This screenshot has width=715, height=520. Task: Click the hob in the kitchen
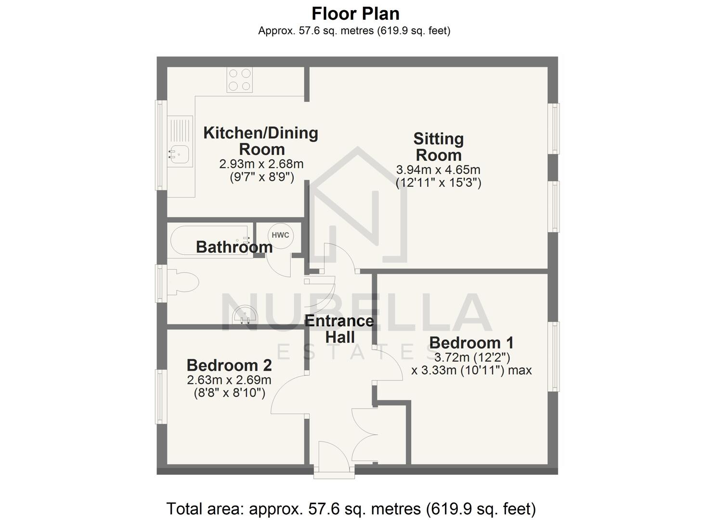click(x=240, y=80)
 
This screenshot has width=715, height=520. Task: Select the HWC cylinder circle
click(x=280, y=235)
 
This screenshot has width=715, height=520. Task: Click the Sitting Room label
click(x=438, y=147)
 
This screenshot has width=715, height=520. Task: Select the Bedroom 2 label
click(x=229, y=365)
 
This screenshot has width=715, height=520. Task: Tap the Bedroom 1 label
click(x=471, y=343)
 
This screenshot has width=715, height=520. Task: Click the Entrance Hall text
click(x=339, y=329)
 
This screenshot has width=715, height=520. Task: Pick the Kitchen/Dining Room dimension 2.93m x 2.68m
click(x=261, y=164)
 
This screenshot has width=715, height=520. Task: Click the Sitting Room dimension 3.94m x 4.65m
click(x=438, y=170)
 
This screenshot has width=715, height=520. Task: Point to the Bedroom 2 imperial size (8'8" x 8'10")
click(x=229, y=393)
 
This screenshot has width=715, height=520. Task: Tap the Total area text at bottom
click(x=351, y=508)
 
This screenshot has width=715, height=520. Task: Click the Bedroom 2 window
click(x=161, y=396)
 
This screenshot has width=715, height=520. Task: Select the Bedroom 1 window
click(x=554, y=356)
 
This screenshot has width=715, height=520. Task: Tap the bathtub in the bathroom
click(x=209, y=240)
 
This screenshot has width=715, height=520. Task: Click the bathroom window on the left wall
click(x=161, y=283)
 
